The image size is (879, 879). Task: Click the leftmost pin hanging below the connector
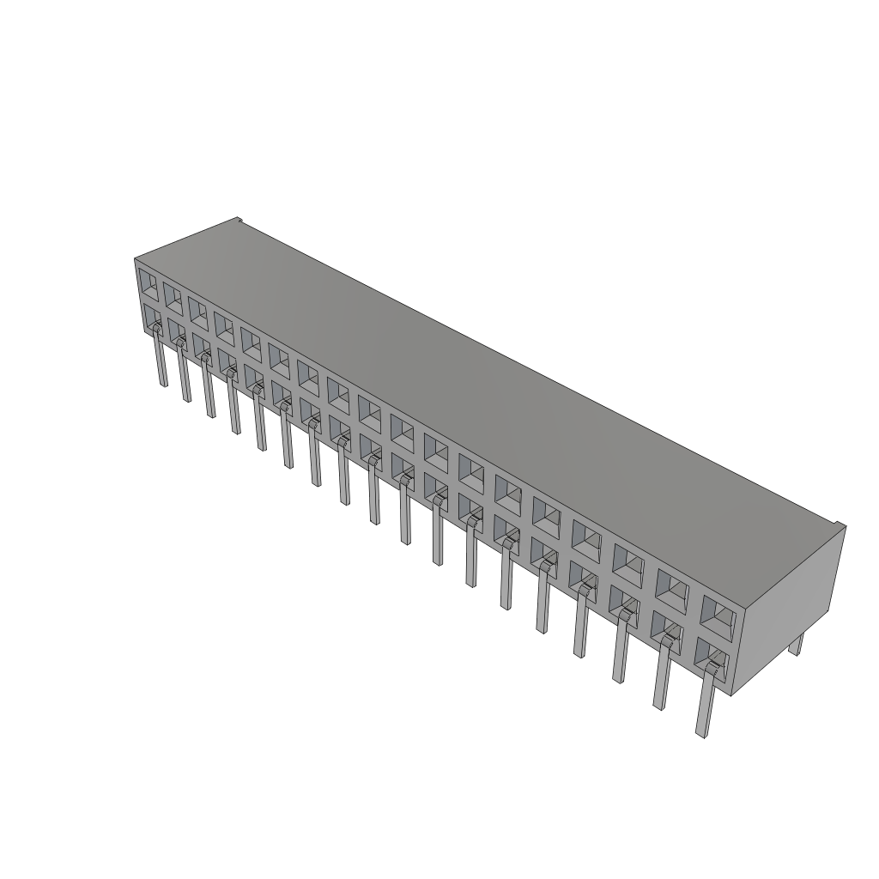click(161, 361)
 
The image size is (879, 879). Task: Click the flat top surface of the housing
click(481, 369)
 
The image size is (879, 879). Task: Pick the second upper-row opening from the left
click(173, 298)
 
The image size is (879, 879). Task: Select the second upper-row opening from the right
click(673, 588)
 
